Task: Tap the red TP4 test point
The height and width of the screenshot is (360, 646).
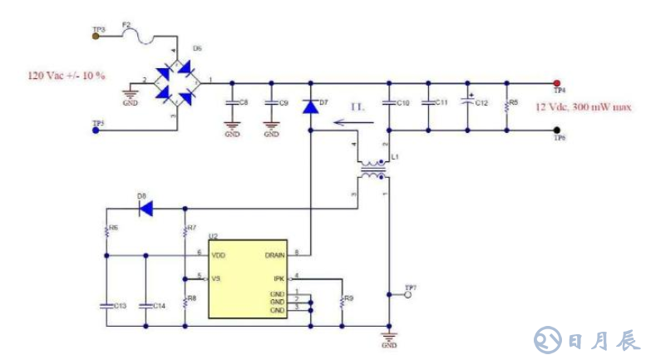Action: [556, 82]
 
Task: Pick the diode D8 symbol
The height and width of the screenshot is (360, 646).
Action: [145, 209]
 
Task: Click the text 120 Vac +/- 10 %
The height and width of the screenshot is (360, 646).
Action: [67, 76]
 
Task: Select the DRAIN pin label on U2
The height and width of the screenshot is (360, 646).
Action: [275, 254]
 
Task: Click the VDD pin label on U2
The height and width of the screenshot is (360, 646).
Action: [219, 254]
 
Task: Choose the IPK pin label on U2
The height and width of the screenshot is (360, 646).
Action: [279, 278]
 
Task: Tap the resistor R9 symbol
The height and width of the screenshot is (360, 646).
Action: [342, 304]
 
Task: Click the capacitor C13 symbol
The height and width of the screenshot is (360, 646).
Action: [106, 305]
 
